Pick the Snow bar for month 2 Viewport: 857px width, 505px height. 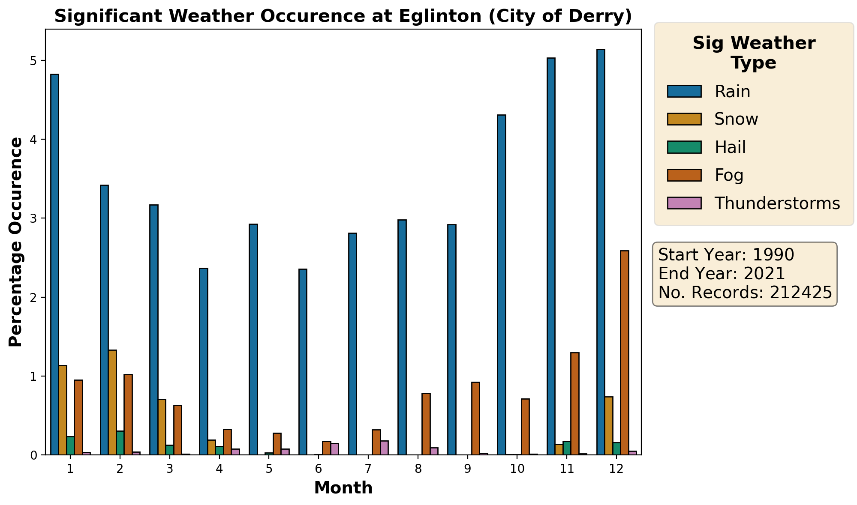point(112,402)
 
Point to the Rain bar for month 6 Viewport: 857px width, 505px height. point(303,362)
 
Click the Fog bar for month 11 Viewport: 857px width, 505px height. point(575,403)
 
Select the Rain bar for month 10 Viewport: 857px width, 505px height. point(502,285)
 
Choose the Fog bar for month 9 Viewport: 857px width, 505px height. point(475,418)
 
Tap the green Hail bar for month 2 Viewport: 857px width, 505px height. point(120,442)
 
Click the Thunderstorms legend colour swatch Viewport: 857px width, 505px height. point(684,203)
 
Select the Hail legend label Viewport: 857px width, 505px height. point(730,147)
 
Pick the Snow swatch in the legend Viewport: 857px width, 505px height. point(684,119)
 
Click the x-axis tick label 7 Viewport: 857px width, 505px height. point(368,469)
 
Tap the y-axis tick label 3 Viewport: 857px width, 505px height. point(34,218)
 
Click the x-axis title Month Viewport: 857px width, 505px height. point(343,488)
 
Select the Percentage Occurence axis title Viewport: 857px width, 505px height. point(16,242)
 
